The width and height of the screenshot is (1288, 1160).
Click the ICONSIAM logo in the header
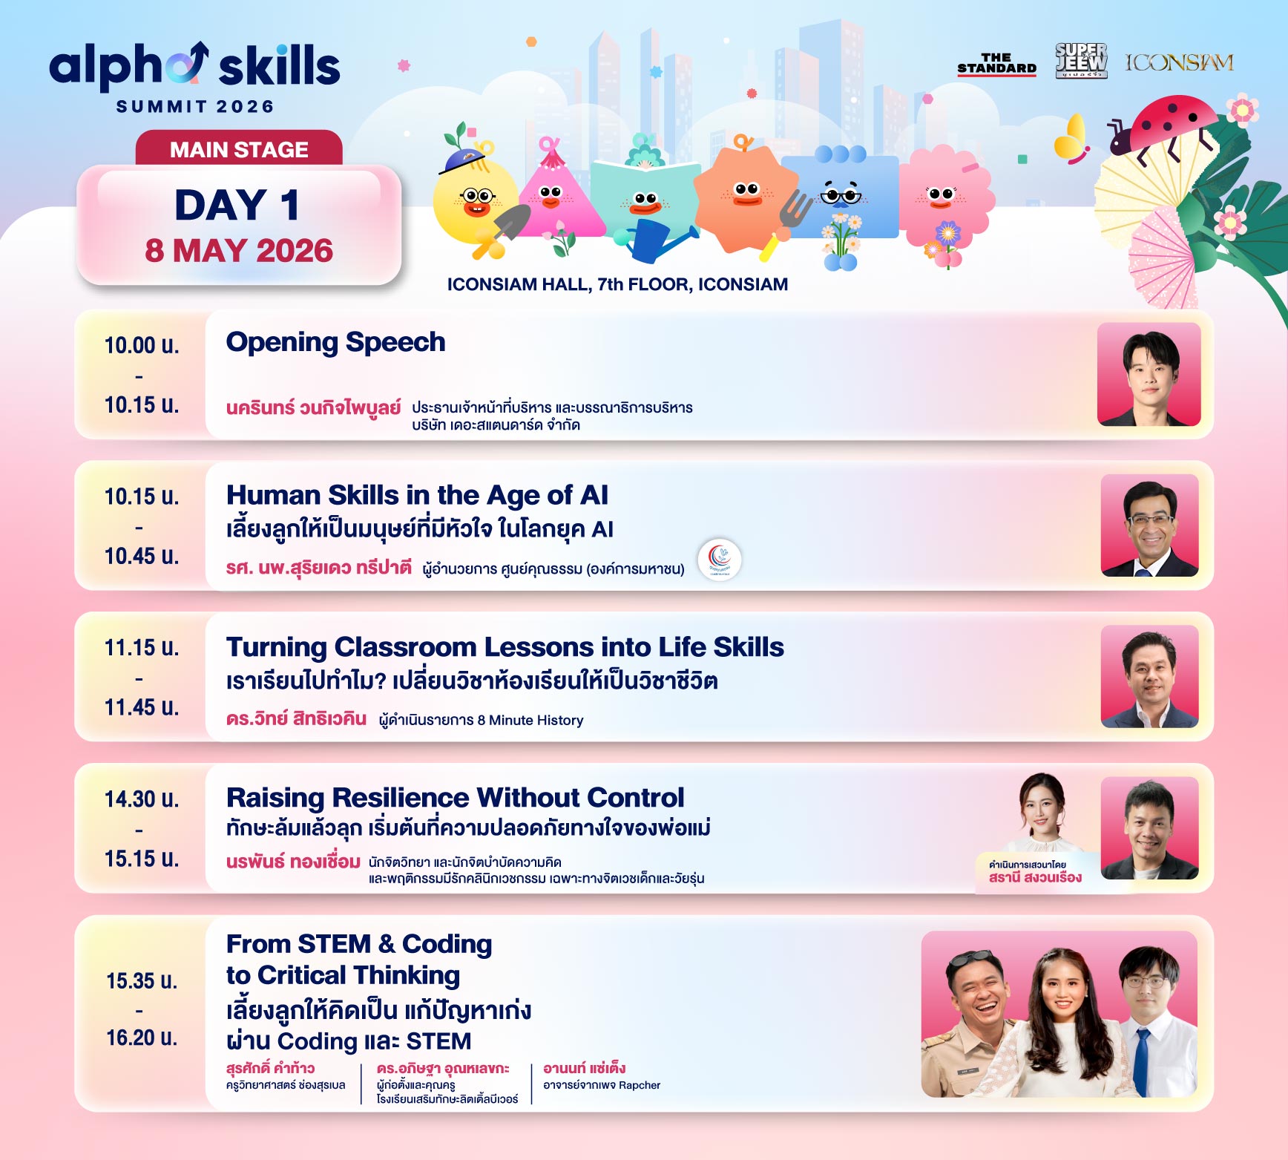click(1179, 62)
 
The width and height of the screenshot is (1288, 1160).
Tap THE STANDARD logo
click(996, 64)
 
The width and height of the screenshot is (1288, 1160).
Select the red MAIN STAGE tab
click(239, 148)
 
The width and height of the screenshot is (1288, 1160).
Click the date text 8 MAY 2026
click(239, 251)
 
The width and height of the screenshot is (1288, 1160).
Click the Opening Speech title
click(335, 342)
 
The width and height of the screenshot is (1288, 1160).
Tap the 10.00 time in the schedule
click(141, 345)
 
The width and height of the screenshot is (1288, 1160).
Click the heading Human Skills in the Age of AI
click(417, 495)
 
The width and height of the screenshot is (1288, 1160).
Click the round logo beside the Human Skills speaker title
click(719, 560)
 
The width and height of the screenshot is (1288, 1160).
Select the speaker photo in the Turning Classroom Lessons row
click(1149, 676)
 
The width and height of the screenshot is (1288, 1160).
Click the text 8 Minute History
click(536, 720)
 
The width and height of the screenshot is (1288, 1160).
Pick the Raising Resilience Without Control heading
click(455, 798)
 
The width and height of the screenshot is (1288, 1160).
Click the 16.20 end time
click(141, 1038)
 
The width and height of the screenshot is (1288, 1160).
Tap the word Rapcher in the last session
click(639, 1085)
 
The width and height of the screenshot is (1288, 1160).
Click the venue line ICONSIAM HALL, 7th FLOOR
click(617, 284)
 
